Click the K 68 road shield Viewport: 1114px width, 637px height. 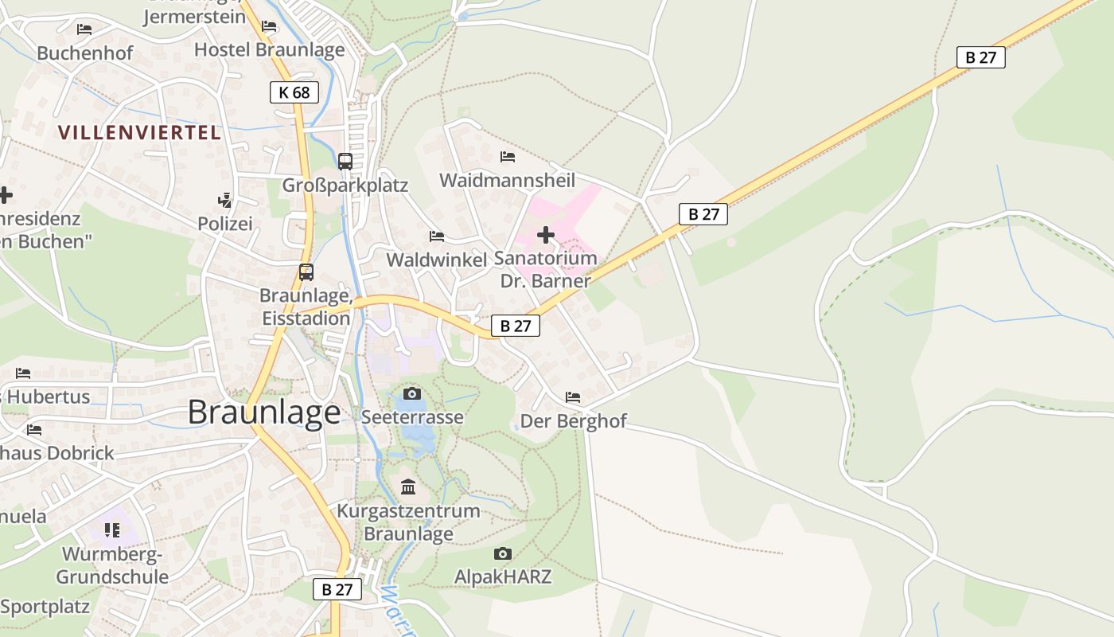click(x=294, y=92)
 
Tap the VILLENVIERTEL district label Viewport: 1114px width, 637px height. click(x=139, y=133)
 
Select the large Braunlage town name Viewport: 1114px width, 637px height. click(x=264, y=412)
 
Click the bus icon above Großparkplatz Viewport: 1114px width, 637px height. click(x=345, y=161)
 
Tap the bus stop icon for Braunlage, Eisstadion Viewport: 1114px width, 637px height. click(x=306, y=272)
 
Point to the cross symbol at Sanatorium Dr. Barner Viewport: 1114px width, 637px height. click(x=546, y=235)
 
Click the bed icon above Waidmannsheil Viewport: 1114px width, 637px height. click(x=508, y=157)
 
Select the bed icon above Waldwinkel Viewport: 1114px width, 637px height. click(x=437, y=236)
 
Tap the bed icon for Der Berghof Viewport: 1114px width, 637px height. click(x=573, y=397)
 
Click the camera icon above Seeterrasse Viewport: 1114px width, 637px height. click(x=411, y=393)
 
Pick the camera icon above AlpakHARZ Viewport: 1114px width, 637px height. click(x=502, y=553)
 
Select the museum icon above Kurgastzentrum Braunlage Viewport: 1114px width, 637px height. click(x=408, y=487)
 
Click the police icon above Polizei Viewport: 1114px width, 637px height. click(x=225, y=201)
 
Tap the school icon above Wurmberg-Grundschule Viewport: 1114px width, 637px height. click(x=112, y=530)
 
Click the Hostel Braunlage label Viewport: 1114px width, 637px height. click(x=270, y=49)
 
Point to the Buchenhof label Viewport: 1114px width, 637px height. click(x=76, y=53)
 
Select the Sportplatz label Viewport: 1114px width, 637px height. click(x=45, y=607)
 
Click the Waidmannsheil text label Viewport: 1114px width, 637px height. click(x=507, y=181)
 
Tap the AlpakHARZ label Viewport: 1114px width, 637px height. click(x=503, y=576)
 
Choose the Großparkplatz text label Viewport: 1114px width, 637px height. click(x=345, y=186)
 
